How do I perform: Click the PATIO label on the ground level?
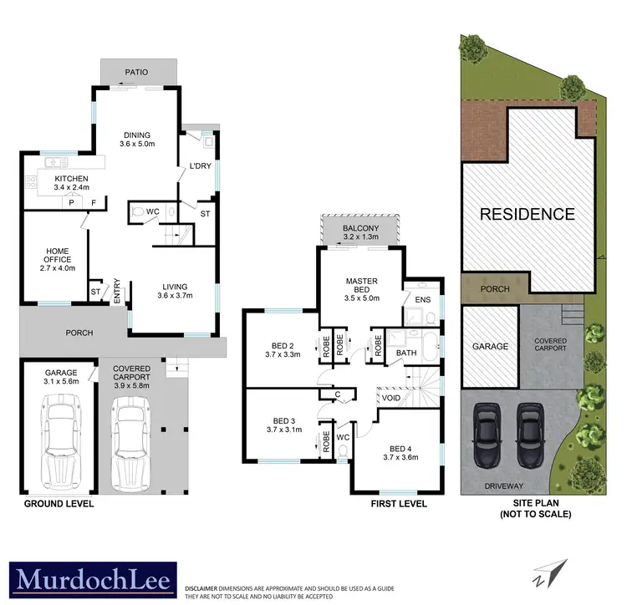coord(137,73)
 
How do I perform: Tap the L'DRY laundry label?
coord(200,166)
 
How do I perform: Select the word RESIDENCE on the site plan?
coord(527,214)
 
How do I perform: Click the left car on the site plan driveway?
coord(486,434)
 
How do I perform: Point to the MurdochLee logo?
coord(91,579)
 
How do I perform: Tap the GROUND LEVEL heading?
coord(59,504)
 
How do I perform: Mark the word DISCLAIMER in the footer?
coord(204,589)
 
